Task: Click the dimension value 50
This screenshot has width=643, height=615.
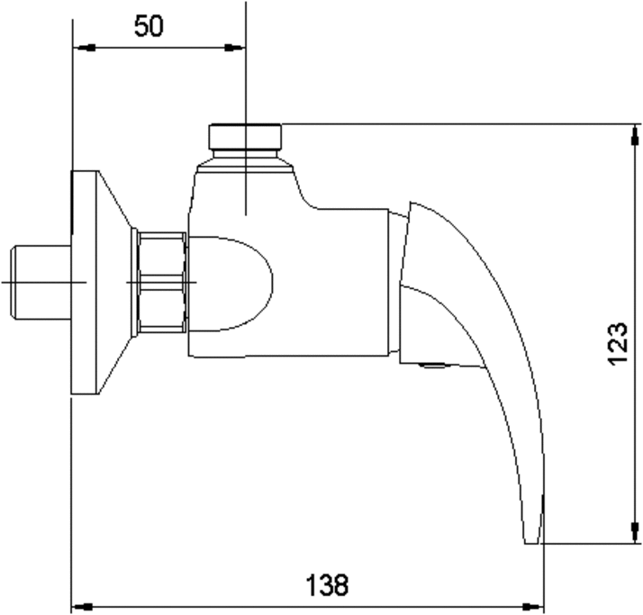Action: [149, 26]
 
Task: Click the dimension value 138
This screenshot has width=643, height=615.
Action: [327, 585]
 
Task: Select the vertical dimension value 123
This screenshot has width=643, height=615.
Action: [617, 344]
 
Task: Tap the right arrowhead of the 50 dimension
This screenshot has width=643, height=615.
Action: [234, 48]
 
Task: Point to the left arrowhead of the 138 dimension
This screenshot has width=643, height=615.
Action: [82, 606]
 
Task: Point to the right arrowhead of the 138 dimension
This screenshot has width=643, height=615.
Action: [533, 606]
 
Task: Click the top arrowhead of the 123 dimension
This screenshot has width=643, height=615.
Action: [635, 135]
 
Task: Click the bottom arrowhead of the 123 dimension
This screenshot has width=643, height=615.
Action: [635, 532]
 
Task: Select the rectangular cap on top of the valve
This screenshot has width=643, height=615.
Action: [245, 137]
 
